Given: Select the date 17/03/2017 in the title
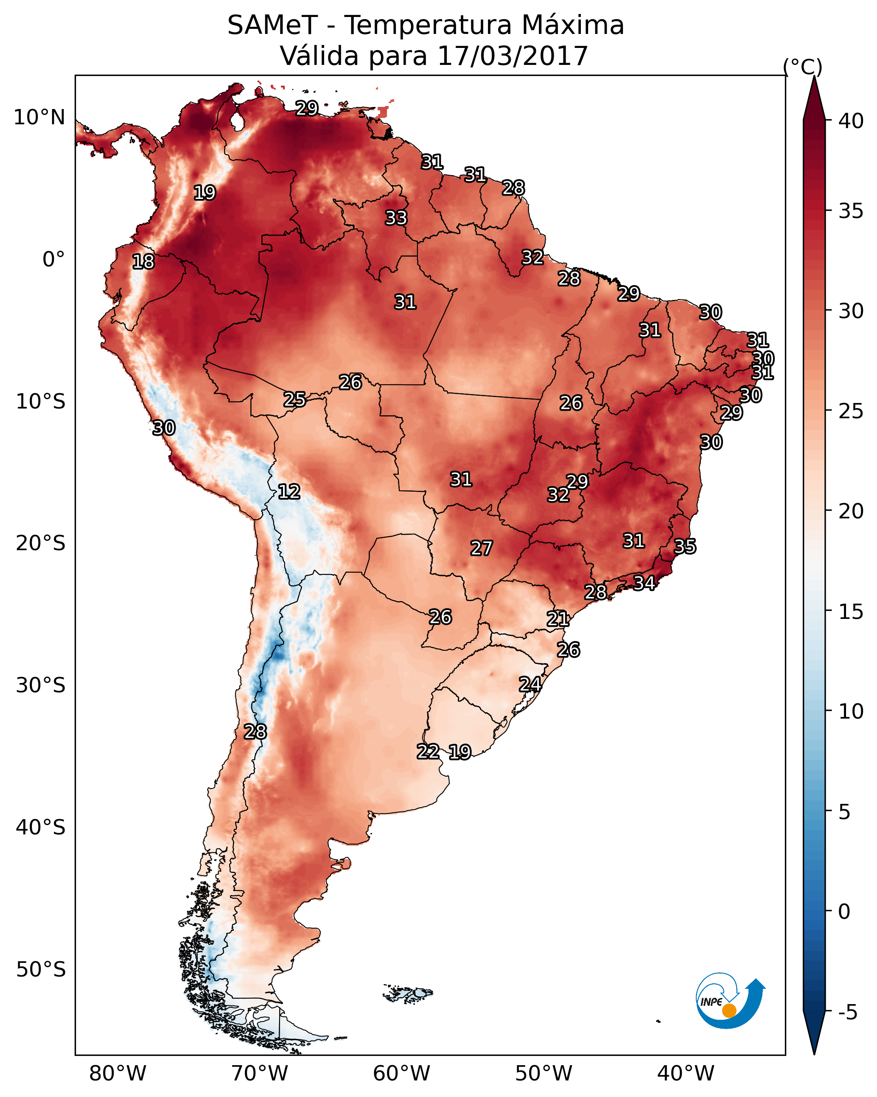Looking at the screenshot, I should pyautogui.click(x=512, y=56).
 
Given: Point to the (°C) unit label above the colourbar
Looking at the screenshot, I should pyautogui.click(x=802, y=67).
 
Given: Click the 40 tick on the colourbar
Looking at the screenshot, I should pyautogui.click(x=851, y=121).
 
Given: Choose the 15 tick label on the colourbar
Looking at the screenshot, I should pyautogui.click(x=851, y=612).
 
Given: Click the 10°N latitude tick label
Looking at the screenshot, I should pyautogui.click(x=39, y=118).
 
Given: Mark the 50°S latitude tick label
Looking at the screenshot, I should pyautogui.click(x=41, y=970).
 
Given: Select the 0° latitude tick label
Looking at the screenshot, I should pyautogui.click(x=53, y=260).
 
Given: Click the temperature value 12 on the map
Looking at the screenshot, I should pyautogui.click(x=289, y=492).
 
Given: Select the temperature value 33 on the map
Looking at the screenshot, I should pyautogui.click(x=396, y=218).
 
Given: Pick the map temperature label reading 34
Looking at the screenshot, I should pyautogui.click(x=644, y=582).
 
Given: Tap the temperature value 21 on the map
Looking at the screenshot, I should pyautogui.click(x=558, y=619).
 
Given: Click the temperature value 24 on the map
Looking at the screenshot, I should pyautogui.click(x=530, y=684).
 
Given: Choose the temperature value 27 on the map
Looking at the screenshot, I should pyautogui.click(x=481, y=548).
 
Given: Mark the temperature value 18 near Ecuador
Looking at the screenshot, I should pyautogui.click(x=143, y=262).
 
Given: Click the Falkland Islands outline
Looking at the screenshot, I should pyautogui.click(x=407, y=993).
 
